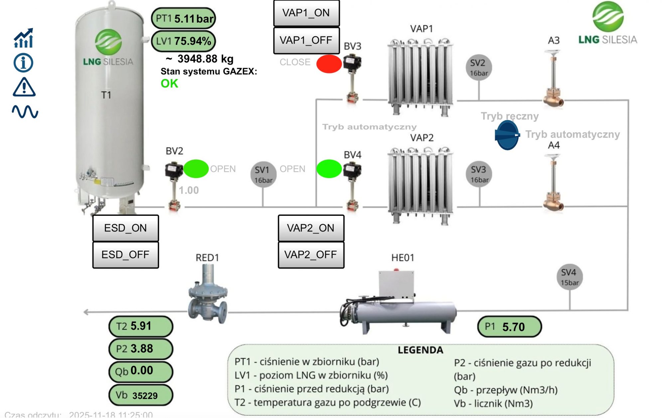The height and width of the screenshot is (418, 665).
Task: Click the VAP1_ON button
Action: (306, 13)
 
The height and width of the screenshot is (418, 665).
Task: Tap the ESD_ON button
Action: (125, 228)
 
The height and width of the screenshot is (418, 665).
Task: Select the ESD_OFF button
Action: (125, 255)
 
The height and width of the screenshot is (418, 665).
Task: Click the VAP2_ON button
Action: (311, 228)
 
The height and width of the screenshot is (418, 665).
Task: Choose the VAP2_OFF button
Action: (311, 255)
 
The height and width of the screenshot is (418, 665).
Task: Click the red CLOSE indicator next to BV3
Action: (329, 64)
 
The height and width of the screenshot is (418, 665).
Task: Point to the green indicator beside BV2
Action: (196, 169)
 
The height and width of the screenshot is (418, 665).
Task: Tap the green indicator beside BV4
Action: (329, 169)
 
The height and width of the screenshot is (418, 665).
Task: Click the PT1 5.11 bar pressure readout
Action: (184, 18)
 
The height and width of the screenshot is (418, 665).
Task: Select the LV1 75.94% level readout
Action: (184, 41)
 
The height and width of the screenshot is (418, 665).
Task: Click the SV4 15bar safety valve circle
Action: (569, 277)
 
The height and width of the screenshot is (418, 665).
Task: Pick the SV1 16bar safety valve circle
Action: (263, 175)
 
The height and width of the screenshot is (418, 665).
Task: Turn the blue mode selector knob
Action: (507, 135)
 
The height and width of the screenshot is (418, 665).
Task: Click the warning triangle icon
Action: (24, 87)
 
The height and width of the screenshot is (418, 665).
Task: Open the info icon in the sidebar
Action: (23, 63)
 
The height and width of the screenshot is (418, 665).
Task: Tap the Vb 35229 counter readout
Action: (141, 395)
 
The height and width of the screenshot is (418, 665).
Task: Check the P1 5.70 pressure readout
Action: (509, 327)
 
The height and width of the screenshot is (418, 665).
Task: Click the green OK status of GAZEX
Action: (169, 83)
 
